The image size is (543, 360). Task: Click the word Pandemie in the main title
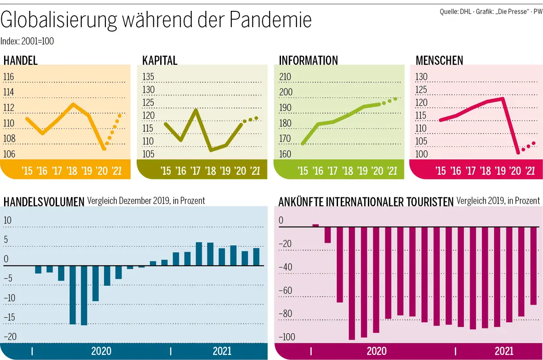(270, 20)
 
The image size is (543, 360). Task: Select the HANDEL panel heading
(20, 60)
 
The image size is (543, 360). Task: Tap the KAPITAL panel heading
(159, 60)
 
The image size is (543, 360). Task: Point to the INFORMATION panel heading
(308, 60)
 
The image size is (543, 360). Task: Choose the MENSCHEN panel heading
(439, 60)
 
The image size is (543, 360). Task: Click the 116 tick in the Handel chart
(9, 77)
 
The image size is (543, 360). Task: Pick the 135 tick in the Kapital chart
(148, 77)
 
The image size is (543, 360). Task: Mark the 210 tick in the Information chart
(286, 77)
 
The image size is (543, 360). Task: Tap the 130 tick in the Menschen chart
(421, 77)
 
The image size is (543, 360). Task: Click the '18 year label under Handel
(71, 171)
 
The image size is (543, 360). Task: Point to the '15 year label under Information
(302, 171)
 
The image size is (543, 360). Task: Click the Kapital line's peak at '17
(196, 109)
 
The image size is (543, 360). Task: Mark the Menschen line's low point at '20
(518, 153)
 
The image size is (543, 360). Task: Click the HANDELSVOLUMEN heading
(44, 202)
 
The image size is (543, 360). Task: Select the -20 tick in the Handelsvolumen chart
(10, 336)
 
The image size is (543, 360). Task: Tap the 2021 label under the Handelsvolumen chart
(222, 351)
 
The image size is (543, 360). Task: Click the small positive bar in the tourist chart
(315, 225)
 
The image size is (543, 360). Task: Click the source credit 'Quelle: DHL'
(455, 11)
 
